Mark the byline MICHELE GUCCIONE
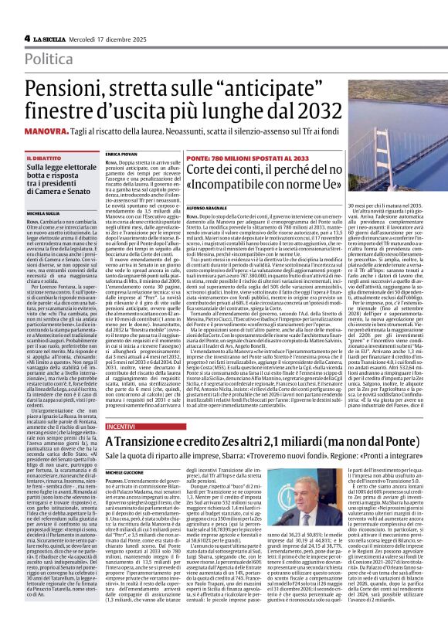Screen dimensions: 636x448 tap(126, 471)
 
